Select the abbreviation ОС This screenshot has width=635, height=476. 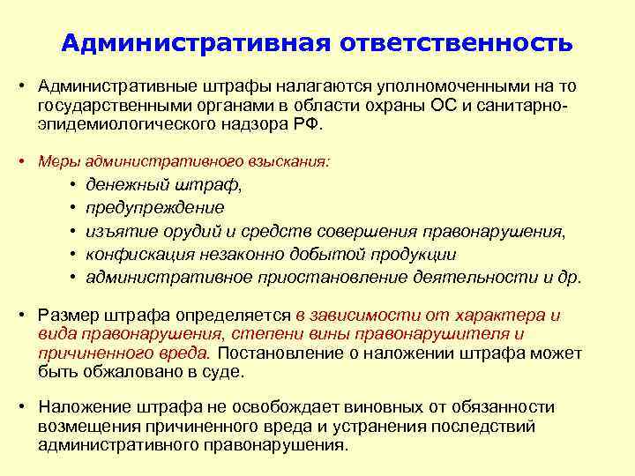[x=441, y=107]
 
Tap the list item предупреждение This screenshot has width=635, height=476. [x=155, y=208]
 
